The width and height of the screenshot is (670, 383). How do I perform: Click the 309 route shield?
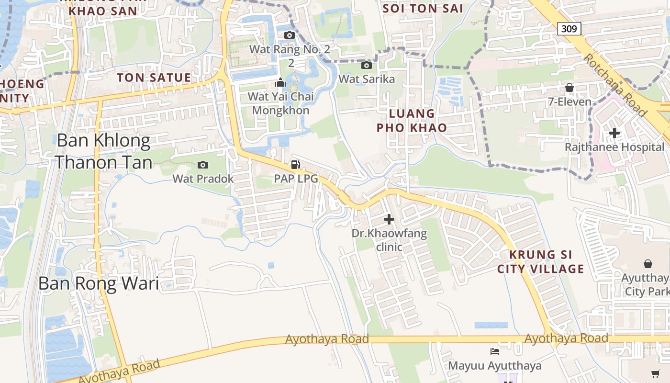tap(569, 29)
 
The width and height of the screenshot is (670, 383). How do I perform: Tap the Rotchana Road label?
tap(615, 85)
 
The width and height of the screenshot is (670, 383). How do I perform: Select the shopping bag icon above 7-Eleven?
tap(569, 88)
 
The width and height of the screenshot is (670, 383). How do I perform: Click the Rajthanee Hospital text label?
tap(615, 147)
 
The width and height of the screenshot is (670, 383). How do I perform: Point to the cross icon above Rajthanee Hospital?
tap(614, 133)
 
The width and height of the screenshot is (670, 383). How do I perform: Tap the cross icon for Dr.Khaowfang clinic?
tap(389, 219)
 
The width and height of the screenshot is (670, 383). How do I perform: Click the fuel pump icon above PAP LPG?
tap(296, 165)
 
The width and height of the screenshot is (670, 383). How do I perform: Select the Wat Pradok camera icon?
tap(203, 165)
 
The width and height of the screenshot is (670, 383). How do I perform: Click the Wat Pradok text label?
tap(203, 179)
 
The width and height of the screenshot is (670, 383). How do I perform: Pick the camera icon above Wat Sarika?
tap(367, 65)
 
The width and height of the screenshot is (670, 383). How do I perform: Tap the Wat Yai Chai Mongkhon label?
tap(281, 103)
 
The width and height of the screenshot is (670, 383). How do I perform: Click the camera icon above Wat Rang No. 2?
tap(290, 35)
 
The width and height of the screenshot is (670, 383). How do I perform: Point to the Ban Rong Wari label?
tap(99, 283)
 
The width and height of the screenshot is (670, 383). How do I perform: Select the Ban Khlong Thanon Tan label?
tap(103, 151)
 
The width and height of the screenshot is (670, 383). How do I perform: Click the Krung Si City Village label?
tap(541, 261)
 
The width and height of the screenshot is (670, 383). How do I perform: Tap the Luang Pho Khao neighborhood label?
tap(412, 121)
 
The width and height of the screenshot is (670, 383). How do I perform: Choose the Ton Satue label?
tap(154, 78)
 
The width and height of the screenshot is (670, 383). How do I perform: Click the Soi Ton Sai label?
tap(423, 8)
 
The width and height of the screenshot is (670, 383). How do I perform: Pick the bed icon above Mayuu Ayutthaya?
tap(495, 352)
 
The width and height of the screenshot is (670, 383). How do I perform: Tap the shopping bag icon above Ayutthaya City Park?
tap(648, 264)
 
